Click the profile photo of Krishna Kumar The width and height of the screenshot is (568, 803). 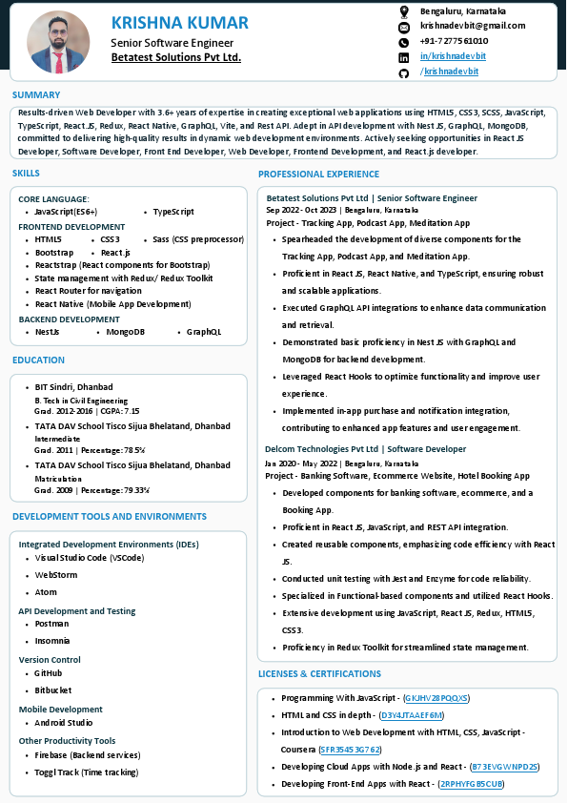tap(58, 42)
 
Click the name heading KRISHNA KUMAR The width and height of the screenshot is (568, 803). tap(179, 23)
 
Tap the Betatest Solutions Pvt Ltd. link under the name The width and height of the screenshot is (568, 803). tap(175, 57)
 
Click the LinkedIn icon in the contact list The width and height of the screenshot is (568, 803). tap(403, 57)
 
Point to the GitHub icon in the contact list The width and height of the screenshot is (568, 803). tap(403, 72)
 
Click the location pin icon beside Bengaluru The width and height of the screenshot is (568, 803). tap(403, 10)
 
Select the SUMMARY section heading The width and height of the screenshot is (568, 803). tap(36, 95)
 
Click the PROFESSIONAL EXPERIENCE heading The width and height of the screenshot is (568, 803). tap(318, 175)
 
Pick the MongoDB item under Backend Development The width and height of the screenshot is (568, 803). tap(125, 332)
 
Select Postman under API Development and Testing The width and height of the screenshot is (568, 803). tap(51, 624)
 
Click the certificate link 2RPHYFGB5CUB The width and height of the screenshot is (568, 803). tap(470, 784)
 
